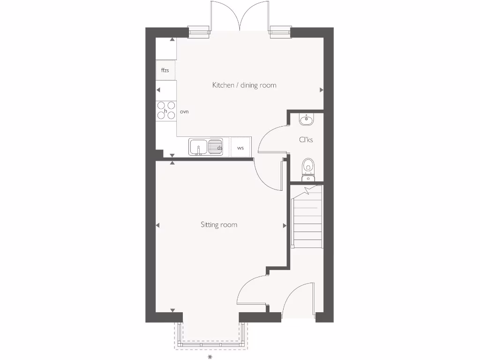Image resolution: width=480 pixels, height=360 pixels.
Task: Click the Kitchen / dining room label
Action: (244, 85)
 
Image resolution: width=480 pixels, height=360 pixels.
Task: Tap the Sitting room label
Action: (219, 225)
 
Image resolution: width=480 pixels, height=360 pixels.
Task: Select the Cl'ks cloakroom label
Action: (306, 140)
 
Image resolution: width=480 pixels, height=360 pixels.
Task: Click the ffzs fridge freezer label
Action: (165, 70)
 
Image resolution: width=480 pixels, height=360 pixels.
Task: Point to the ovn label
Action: (184, 112)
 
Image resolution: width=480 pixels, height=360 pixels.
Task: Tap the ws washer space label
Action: (240, 148)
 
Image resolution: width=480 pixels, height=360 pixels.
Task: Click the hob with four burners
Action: (166, 110)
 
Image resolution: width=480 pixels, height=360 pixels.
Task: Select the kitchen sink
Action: (199, 147)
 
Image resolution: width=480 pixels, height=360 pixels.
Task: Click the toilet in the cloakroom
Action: (308, 166)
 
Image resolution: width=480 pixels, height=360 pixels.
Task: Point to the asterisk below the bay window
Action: (210, 357)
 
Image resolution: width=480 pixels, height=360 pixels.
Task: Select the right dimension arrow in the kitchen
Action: (322, 90)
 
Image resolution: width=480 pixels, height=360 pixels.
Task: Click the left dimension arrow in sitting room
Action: (157, 225)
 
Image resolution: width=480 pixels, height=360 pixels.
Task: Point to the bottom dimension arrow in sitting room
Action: (172, 310)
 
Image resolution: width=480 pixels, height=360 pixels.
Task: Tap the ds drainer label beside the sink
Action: (219, 148)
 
